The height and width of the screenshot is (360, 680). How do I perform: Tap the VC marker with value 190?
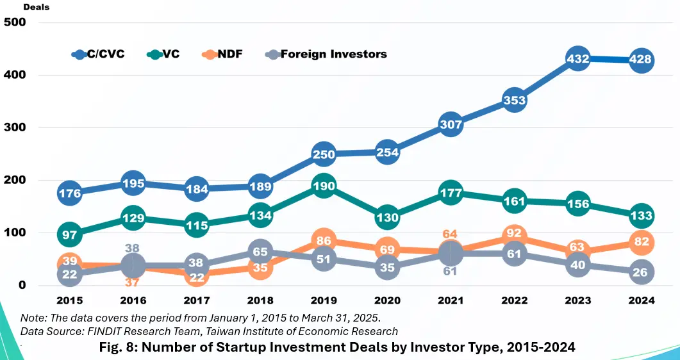click(x=324, y=186)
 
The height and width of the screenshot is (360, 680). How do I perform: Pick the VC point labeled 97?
click(x=70, y=235)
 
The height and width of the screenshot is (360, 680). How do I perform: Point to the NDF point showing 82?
click(x=641, y=242)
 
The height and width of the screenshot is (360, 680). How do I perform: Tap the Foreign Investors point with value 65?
click(x=260, y=252)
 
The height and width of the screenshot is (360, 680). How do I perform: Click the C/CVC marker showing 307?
click(x=451, y=125)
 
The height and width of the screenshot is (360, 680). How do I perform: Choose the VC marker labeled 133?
click(x=641, y=216)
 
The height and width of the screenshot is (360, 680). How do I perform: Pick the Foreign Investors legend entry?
click(x=326, y=54)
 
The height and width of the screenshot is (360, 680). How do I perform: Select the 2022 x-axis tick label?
click(x=514, y=300)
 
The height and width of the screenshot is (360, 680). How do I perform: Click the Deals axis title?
click(x=37, y=7)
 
